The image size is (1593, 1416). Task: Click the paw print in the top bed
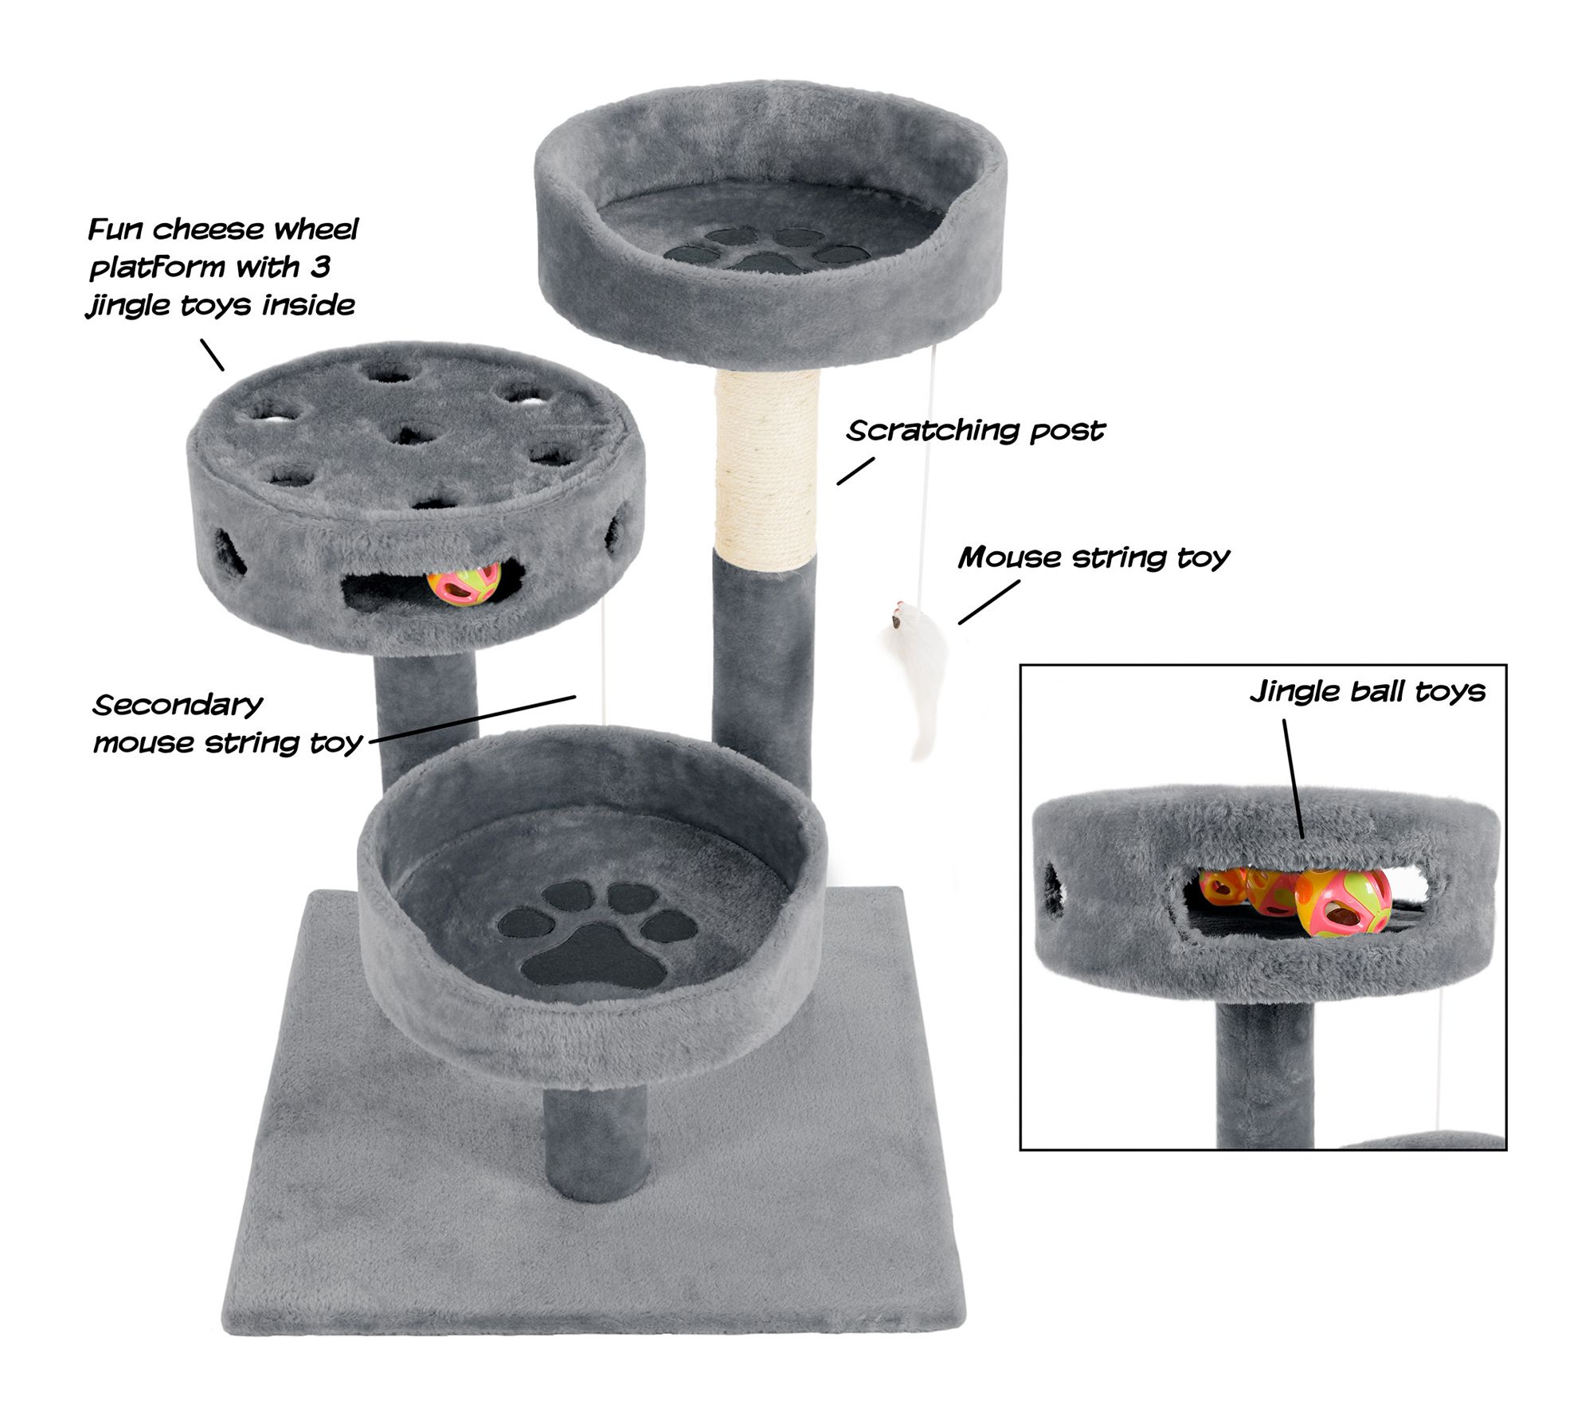click(x=766, y=249)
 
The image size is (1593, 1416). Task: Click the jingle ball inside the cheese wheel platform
click(x=464, y=585)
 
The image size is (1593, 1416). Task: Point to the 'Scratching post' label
click(x=976, y=431)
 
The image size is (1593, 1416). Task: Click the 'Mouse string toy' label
click(x=1094, y=557)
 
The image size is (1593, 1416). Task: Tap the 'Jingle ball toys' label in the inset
click(x=1368, y=691)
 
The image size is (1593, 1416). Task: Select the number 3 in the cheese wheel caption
click(x=320, y=267)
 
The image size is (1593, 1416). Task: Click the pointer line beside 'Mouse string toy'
click(x=988, y=602)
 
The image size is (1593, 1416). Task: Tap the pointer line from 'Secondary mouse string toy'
click(x=472, y=719)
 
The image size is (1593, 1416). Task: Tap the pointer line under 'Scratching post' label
click(x=855, y=471)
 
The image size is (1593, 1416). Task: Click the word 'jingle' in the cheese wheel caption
click(x=127, y=306)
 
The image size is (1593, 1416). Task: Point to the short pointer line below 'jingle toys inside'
click(x=212, y=355)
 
